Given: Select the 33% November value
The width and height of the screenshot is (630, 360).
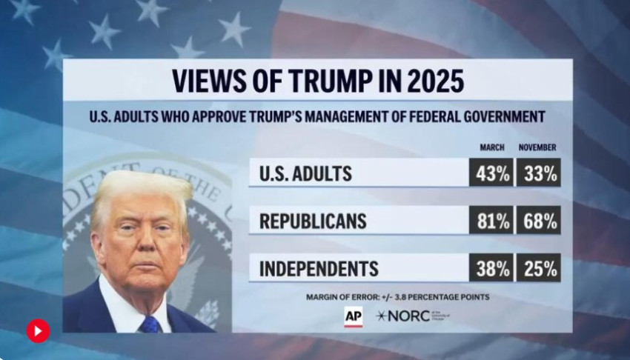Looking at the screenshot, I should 539,173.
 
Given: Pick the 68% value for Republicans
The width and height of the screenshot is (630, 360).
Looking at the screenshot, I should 539,221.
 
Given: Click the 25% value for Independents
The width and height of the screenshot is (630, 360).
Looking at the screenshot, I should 539,268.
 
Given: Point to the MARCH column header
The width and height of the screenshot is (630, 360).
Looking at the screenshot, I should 491,147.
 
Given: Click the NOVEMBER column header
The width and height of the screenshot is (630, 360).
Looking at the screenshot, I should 537,147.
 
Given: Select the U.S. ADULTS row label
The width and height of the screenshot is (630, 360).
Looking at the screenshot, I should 305,174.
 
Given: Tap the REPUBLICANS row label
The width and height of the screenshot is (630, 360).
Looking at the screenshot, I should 313,221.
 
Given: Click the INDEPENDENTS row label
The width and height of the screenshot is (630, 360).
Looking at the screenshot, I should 319,269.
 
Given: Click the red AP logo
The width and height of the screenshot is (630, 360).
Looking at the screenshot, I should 353,316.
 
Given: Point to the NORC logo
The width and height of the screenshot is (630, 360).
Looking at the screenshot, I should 404,316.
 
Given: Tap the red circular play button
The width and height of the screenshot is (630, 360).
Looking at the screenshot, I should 39,330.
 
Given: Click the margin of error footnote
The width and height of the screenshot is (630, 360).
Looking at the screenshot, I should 397,297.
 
